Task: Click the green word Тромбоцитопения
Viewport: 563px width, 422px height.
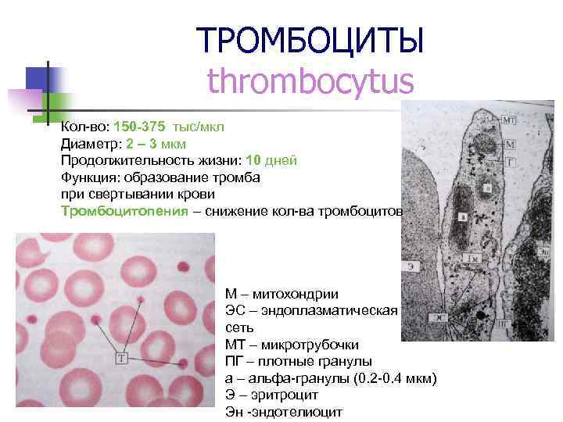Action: pyautogui.click(x=125, y=212)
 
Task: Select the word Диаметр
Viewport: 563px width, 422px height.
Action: pyautogui.click(x=87, y=143)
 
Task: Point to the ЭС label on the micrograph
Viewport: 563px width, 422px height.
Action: pyautogui.click(x=441, y=318)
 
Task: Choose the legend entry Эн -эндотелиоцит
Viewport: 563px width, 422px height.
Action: pyautogui.click(x=283, y=412)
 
